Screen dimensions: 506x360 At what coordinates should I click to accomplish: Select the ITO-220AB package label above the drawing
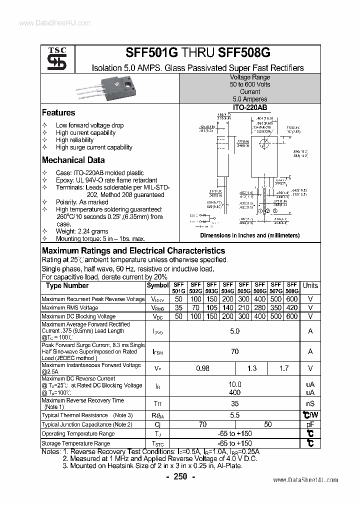click(x=249, y=107)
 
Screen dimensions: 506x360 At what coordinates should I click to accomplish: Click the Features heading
click(x=58, y=113)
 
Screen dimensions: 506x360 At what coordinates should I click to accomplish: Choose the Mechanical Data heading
click(x=73, y=160)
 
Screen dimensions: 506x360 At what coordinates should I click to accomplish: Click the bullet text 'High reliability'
click(x=74, y=140)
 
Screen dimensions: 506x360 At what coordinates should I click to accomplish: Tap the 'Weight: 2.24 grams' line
click(x=82, y=231)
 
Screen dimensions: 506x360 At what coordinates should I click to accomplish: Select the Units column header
click(x=310, y=285)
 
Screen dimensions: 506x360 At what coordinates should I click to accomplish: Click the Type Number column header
click(x=67, y=285)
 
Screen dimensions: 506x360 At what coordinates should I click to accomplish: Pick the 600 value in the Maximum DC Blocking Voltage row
click(x=292, y=316)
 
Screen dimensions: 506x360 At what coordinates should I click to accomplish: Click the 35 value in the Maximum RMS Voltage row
click(x=178, y=307)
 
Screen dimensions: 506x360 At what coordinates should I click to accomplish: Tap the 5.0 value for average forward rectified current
click(x=234, y=331)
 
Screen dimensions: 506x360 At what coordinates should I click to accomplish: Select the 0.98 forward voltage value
click(x=202, y=368)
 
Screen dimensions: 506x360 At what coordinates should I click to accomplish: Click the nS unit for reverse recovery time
click(x=310, y=403)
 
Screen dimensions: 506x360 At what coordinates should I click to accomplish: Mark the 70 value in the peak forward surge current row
click(x=234, y=351)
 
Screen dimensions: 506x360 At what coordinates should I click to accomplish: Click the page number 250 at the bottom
click(x=180, y=477)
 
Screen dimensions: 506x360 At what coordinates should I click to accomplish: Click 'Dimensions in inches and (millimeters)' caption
click(x=249, y=235)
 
